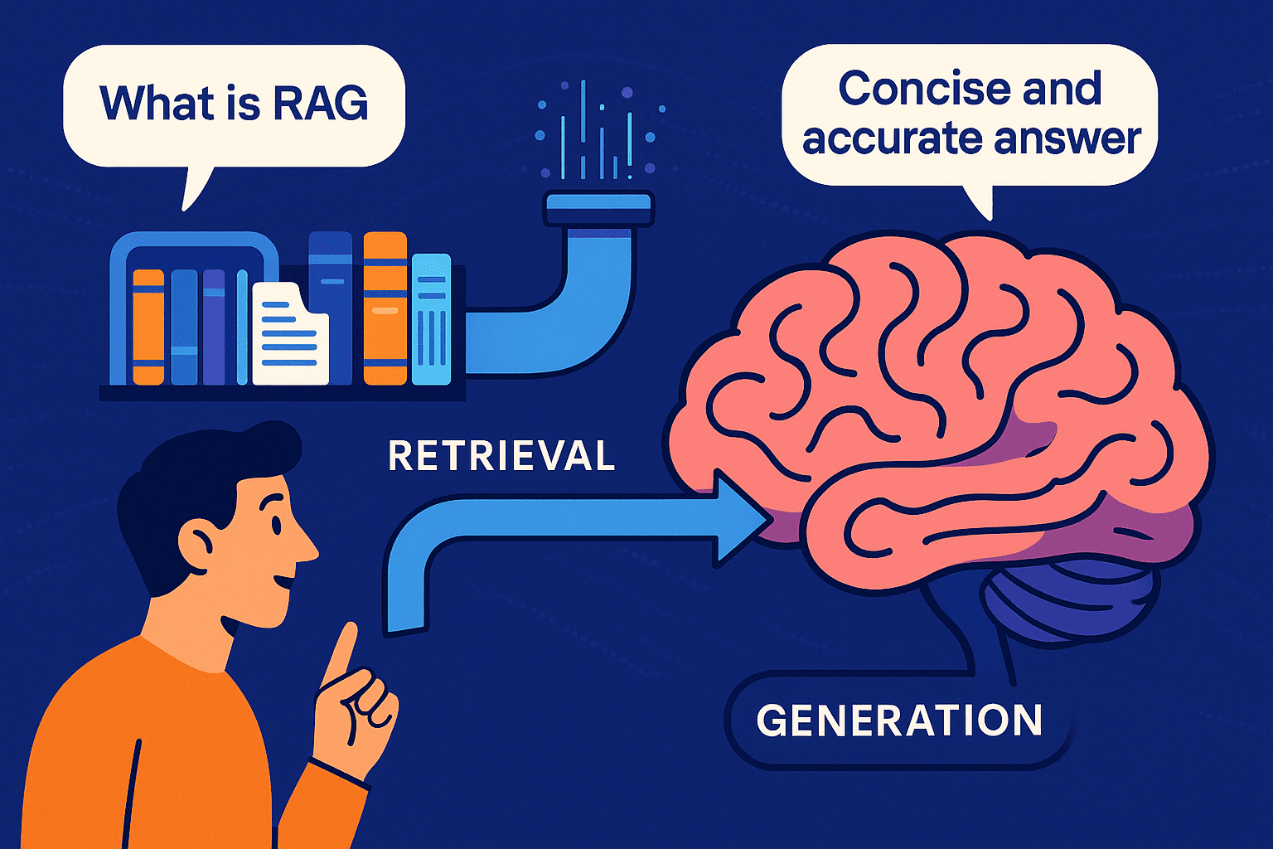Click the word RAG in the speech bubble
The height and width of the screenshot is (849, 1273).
tap(320, 103)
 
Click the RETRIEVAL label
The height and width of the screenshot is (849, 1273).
tap(501, 456)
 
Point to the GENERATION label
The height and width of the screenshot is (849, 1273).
tap(899, 720)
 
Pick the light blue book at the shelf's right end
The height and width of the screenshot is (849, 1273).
tap(431, 319)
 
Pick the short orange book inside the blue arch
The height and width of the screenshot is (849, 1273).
tap(148, 327)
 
